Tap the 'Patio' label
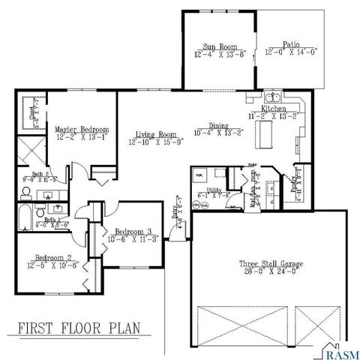(291, 45)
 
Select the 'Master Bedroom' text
(82, 129)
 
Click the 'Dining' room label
(219, 126)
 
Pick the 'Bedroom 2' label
(53, 256)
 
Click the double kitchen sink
(274, 97)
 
